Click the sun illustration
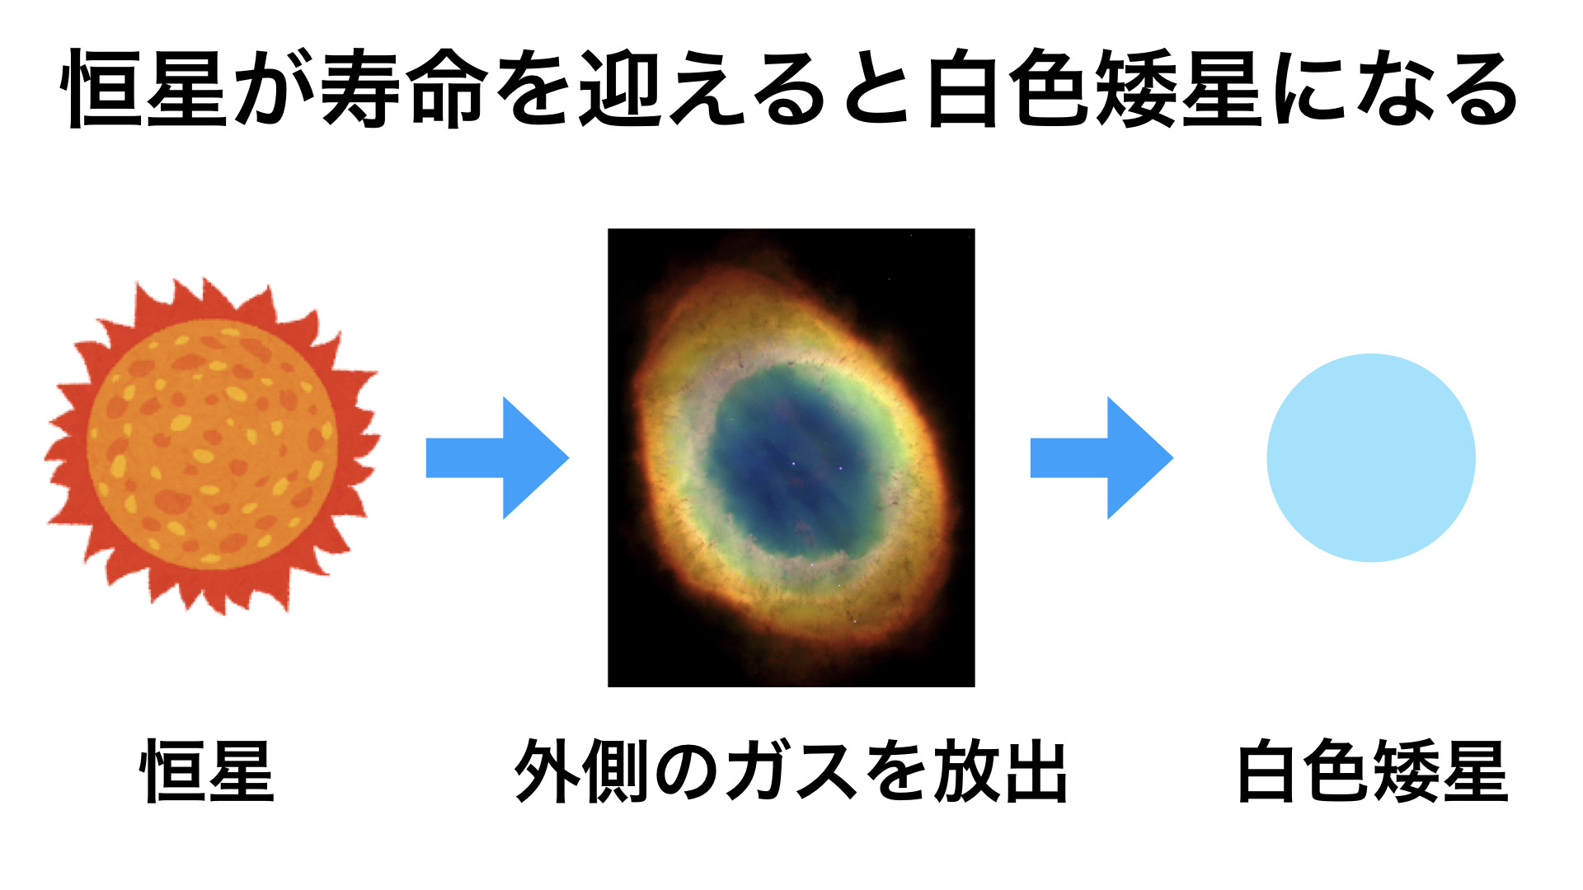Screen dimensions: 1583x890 (x=212, y=446)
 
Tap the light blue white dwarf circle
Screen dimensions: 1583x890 (x=1371, y=458)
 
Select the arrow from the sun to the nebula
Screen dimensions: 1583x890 (x=497, y=458)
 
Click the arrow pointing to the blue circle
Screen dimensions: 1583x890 (x=1102, y=458)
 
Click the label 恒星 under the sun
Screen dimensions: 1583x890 (x=207, y=771)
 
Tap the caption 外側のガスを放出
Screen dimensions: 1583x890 (x=791, y=771)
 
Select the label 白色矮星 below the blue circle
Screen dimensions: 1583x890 (x=1373, y=771)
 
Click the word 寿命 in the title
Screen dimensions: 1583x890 (x=402, y=88)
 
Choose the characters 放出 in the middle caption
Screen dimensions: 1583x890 (x=1000, y=771)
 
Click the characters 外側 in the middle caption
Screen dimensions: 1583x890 (x=581, y=771)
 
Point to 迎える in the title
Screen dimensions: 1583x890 (x=702, y=88)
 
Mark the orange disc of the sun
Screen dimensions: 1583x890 (x=212, y=446)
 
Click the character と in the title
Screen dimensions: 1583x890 (x=876, y=88)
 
